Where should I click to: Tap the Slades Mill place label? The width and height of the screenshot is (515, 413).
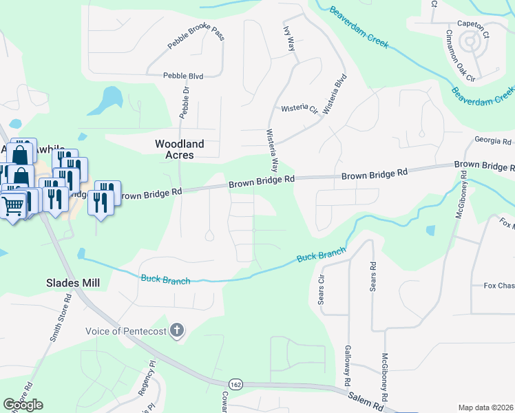(73, 282)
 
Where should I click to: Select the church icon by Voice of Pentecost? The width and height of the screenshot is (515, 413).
(177, 331)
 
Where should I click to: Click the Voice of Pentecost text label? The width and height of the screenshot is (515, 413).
(126, 331)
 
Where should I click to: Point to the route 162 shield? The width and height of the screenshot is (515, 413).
(235, 383)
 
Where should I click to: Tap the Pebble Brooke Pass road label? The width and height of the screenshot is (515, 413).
(196, 39)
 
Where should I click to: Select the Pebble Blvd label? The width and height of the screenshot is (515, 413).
(183, 76)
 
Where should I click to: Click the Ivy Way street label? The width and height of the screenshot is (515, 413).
(289, 39)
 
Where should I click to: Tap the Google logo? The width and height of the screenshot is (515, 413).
(23, 405)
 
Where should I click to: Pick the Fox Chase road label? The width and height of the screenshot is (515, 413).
(499, 286)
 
